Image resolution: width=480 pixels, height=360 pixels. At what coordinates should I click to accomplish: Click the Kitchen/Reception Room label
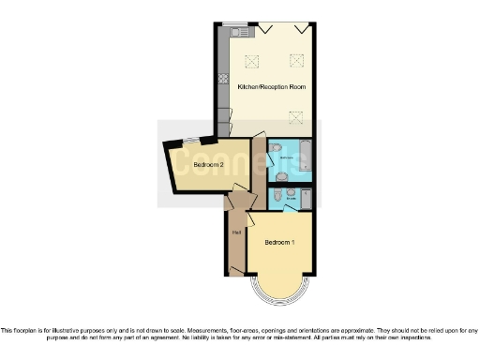click(272, 87)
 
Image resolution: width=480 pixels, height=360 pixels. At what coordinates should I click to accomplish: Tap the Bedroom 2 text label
click(208, 165)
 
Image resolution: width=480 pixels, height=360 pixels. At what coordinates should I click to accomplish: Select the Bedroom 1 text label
click(279, 243)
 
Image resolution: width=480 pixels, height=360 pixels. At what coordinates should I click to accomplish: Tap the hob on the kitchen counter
click(224, 80)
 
